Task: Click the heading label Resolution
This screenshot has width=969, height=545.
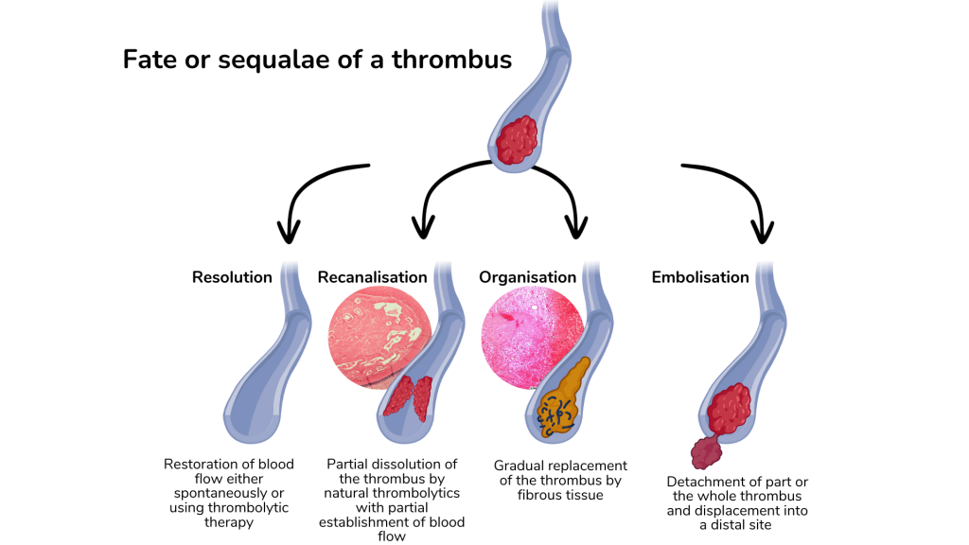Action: pos(232,277)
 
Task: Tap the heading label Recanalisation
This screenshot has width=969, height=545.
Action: pos(372,277)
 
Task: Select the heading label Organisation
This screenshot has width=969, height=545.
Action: pos(527,277)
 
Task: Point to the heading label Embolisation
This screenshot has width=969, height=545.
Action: pos(700,277)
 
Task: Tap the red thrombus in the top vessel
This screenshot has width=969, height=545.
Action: pos(517,139)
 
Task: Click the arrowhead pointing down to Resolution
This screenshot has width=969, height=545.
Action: pos(289,230)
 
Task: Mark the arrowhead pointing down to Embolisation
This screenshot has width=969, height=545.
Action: pos(761,230)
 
